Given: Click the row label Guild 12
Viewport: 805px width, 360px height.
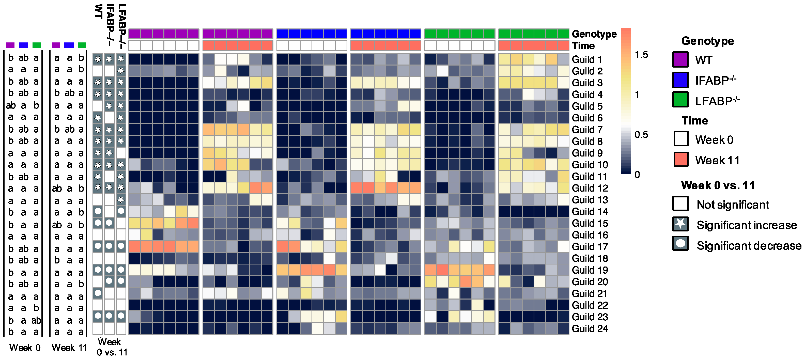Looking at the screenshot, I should pos(590,188).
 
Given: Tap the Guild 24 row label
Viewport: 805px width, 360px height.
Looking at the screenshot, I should pos(590,329).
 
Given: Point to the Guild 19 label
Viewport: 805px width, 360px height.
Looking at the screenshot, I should pos(590,270).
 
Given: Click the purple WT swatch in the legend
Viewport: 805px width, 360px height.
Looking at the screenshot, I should pos(680,60).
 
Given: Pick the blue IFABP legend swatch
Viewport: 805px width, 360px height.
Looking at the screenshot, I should pos(680,80).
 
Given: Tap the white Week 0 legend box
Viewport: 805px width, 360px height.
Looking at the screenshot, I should pos(681,139).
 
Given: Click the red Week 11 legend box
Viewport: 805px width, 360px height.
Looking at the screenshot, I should pos(681,159).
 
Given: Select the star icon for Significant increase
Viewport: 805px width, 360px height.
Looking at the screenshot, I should pos(680,224).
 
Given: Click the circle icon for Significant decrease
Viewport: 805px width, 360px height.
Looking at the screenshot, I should pos(680,244).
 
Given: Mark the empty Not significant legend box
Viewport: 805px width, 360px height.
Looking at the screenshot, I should pos(680,204).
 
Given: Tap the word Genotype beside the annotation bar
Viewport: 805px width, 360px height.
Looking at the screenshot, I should pos(594,34).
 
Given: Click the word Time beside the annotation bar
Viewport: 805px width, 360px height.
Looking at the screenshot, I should pos(583,46).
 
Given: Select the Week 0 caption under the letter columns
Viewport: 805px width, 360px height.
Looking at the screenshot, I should pos(25,348).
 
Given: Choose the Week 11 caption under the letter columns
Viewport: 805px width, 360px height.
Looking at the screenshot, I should pos(69,348).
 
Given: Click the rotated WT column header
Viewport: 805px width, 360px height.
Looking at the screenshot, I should pos(99,12).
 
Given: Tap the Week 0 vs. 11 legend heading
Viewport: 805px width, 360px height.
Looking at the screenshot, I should pos(718,185).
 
